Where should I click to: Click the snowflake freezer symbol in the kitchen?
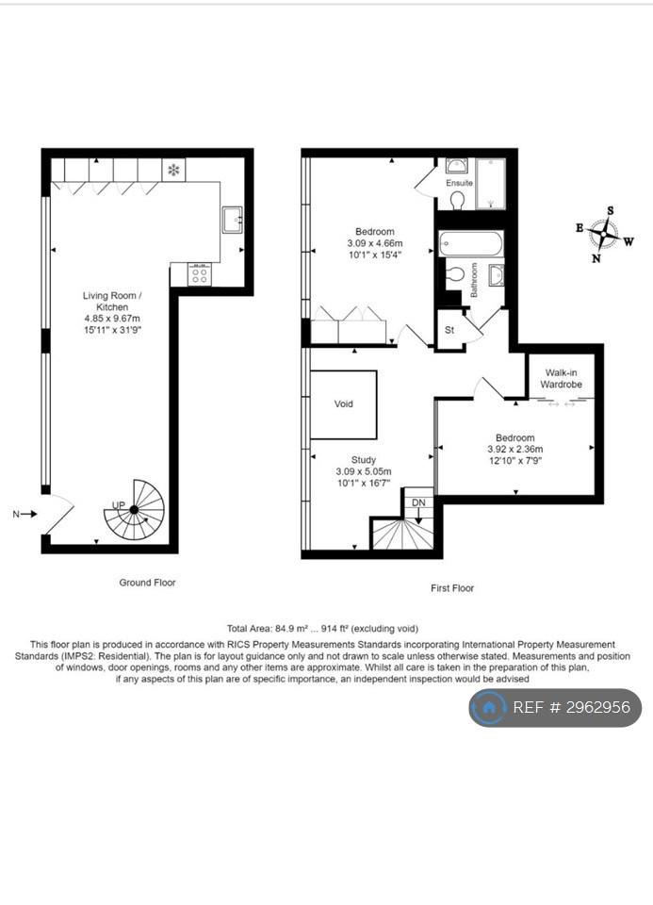coord(173,170)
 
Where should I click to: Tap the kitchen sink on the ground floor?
coord(233,220)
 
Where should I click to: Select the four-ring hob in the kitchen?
coord(200,274)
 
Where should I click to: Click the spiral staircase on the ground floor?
coord(135,510)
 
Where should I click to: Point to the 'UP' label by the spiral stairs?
coord(118,505)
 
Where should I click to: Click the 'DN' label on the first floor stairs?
coord(418,502)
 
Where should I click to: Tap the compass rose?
coord(603,235)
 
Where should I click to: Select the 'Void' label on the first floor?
coord(343,404)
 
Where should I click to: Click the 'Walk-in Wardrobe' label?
coord(561,379)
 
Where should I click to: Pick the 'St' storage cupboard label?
coord(449,330)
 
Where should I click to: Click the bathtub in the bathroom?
coord(471,243)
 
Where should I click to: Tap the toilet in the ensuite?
coord(458,200)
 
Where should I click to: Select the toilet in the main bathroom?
coord(455,273)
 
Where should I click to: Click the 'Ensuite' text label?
coord(459,183)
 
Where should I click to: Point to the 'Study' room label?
coord(364,460)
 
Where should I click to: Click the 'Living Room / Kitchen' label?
coord(112,302)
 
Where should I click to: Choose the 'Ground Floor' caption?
coord(147,583)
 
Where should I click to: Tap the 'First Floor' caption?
coord(452,588)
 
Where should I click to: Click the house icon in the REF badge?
coord(489,708)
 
